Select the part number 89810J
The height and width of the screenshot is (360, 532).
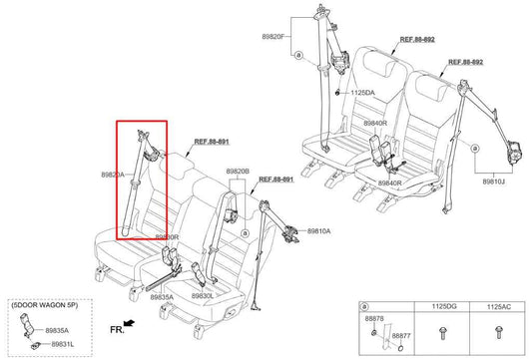(496, 183)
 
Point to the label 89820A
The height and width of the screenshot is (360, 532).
(113, 175)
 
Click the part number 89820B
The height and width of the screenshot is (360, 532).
(239, 172)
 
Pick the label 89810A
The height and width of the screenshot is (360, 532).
(318, 230)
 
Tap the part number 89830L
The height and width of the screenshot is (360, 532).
(204, 296)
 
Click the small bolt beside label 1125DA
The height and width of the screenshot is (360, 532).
(339, 94)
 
